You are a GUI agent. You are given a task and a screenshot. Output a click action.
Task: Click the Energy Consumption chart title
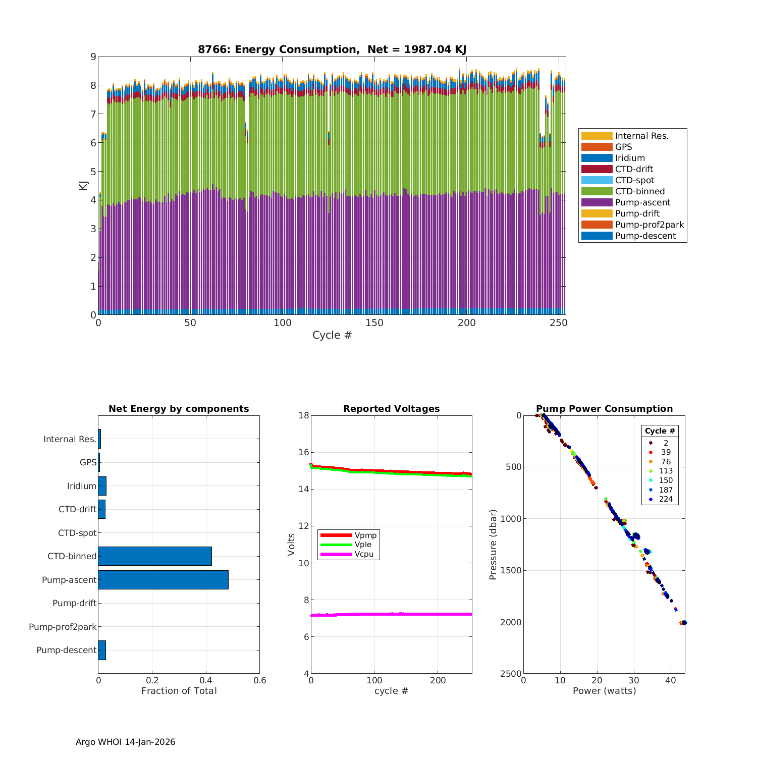332,49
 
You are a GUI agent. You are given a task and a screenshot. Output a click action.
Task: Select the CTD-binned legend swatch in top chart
597,191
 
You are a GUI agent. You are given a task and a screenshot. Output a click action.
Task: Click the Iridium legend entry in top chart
630,158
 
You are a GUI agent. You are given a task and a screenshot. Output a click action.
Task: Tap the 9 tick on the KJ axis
93,57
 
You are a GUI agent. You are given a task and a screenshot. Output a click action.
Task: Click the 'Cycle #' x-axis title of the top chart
332,335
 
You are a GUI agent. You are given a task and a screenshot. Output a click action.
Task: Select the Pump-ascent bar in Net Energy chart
163,580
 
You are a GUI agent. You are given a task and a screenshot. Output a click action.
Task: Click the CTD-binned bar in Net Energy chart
155,556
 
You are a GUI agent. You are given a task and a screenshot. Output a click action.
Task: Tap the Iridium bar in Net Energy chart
102,486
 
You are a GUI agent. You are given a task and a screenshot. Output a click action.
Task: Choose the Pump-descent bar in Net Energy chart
102,650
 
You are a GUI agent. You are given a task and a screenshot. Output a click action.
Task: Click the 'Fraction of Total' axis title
179,691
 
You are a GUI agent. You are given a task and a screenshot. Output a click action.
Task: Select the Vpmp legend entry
365,535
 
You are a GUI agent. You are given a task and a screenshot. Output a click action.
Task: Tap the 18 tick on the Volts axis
304,415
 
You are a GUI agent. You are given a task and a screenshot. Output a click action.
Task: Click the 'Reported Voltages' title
391,409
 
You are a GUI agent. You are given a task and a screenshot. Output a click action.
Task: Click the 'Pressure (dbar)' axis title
493,545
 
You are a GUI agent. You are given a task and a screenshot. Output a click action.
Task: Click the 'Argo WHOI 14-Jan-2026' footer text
125,742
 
